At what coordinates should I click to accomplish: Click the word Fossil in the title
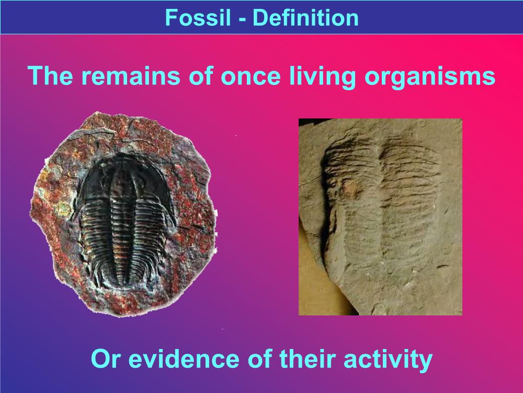point(198,17)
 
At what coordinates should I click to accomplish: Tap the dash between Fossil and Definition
point(242,19)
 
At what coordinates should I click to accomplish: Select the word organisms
point(430,78)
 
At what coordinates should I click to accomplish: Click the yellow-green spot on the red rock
point(62,209)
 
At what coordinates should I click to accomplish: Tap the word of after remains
point(200,75)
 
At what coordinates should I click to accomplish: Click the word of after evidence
point(259,358)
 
